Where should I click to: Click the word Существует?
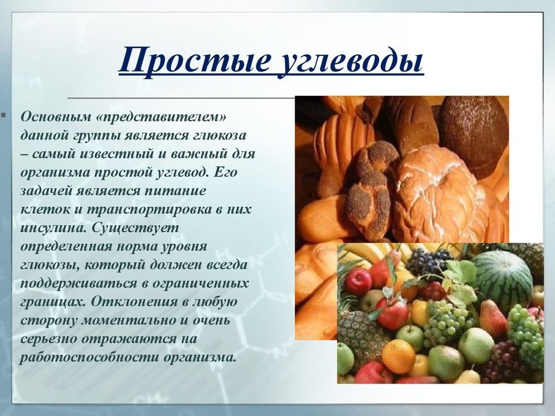(135, 228)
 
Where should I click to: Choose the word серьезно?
(48, 339)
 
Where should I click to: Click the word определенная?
(66, 247)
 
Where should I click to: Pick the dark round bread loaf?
(474, 136)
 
